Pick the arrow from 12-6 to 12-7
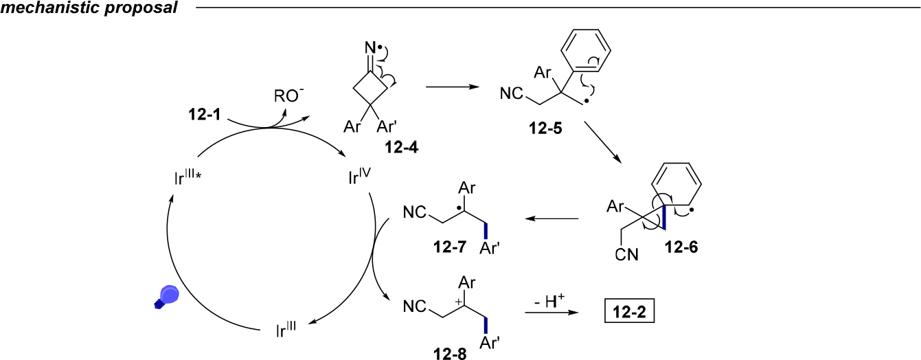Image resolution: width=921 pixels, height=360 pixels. point(552,218)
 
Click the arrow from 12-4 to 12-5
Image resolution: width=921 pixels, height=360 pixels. point(452,87)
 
